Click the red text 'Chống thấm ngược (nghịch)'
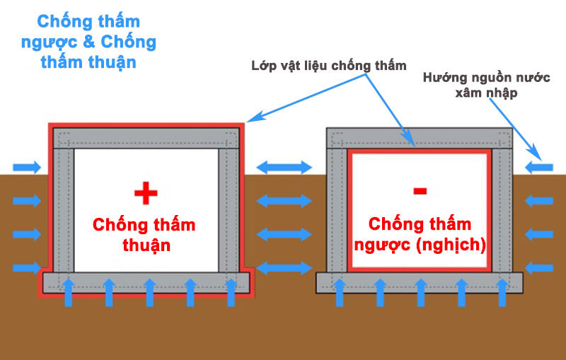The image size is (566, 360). [x=419, y=236]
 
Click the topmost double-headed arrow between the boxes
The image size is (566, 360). [x=284, y=168]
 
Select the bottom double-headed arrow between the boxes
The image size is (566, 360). [x=284, y=268]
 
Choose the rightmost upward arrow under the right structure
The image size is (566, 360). [x=502, y=291]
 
